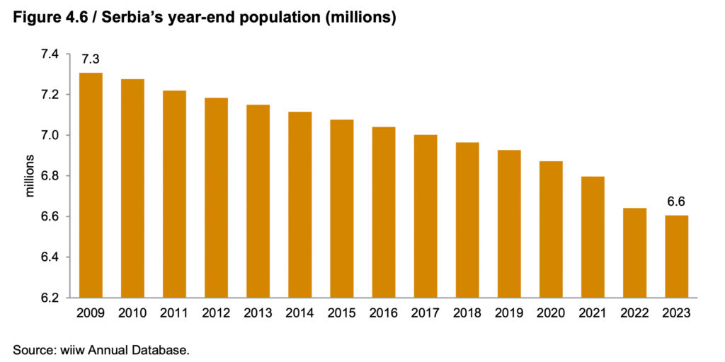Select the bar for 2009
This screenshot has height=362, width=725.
click(x=90, y=185)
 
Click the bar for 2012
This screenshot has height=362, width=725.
click(x=216, y=197)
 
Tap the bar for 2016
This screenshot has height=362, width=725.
click(x=383, y=212)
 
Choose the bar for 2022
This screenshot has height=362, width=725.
click(x=634, y=252)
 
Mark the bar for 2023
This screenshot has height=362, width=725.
click(x=676, y=256)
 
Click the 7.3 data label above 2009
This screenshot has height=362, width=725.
click(x=91, y=59)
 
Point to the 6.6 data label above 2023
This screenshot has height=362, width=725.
click(x=676, y=202)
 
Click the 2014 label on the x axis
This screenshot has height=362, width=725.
click(x=299, y=312)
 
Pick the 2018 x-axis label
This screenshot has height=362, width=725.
click(x=467, y=312)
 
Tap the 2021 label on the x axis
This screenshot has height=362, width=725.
click(x=593, y=312)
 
